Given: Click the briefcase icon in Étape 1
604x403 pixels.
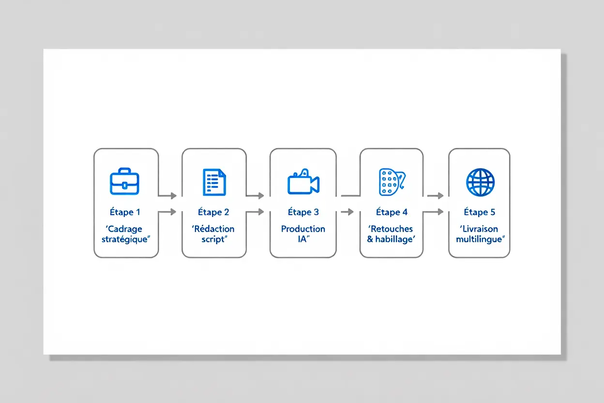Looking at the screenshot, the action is (124, 181).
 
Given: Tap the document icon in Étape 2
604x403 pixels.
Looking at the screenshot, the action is (214, 182).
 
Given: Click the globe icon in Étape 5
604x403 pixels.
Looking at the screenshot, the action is (480, 182).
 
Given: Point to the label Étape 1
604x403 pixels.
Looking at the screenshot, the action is (125, 212).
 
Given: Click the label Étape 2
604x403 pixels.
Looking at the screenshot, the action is (213, 212).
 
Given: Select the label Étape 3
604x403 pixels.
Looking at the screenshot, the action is (303, 212).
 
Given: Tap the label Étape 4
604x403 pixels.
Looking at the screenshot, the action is (392, 212).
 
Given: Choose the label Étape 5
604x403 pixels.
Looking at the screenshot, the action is (480, 212).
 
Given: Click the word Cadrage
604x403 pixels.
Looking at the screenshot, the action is (125, 229).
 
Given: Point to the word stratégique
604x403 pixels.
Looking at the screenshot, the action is (124, 239).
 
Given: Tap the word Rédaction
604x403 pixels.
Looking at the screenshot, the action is (214, 229).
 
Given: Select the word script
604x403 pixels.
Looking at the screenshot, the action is (213, 239).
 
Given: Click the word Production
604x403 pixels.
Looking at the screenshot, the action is (303, 229).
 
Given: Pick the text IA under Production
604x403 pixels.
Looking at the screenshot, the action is (302, 239).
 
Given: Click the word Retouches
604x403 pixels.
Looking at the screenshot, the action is (392, 229).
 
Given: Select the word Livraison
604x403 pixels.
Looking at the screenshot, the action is (480, 229).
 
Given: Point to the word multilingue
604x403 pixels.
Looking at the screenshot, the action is (479, 239).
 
